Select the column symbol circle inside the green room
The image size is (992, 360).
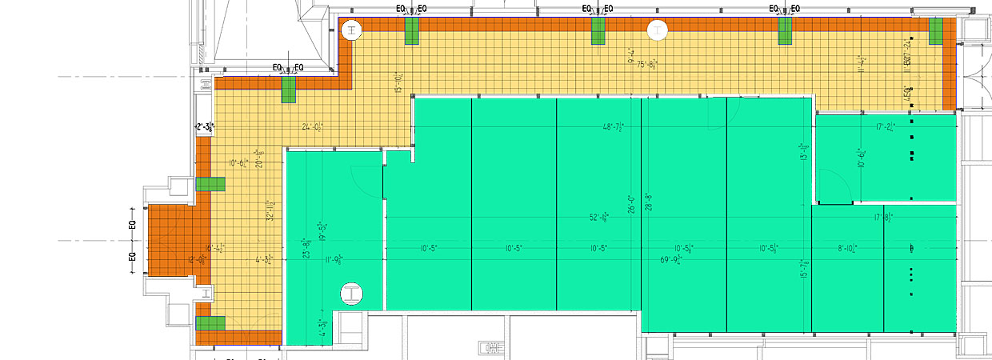(351, 294)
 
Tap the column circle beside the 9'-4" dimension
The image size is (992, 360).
(657, 31)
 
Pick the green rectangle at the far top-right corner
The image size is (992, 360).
(936, 31)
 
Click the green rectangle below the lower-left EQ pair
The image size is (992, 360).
(288, 89)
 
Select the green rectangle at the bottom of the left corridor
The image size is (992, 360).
(210, 323)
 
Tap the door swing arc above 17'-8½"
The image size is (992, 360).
(837, 189)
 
